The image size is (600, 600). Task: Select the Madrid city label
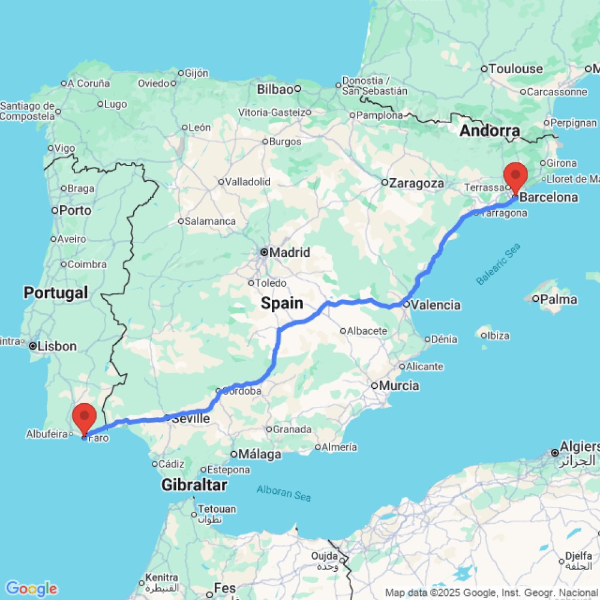tap(289, 253)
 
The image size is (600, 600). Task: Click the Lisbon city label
tap(56, 346)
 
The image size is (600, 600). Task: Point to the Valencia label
tap(436, 305)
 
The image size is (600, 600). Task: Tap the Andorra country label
tap(490, 131)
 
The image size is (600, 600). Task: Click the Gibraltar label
tap(194, 485)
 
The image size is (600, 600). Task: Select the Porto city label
tap(75, 211)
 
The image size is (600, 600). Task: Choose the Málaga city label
tap(260, 454)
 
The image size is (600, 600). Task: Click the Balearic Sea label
tap(498, 264)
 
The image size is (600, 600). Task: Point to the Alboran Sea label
tap(284, 493)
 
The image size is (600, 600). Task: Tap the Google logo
tap(31, 589)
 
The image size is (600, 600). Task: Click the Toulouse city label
tap(515, 69)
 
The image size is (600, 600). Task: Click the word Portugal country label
tap(55, 293)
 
